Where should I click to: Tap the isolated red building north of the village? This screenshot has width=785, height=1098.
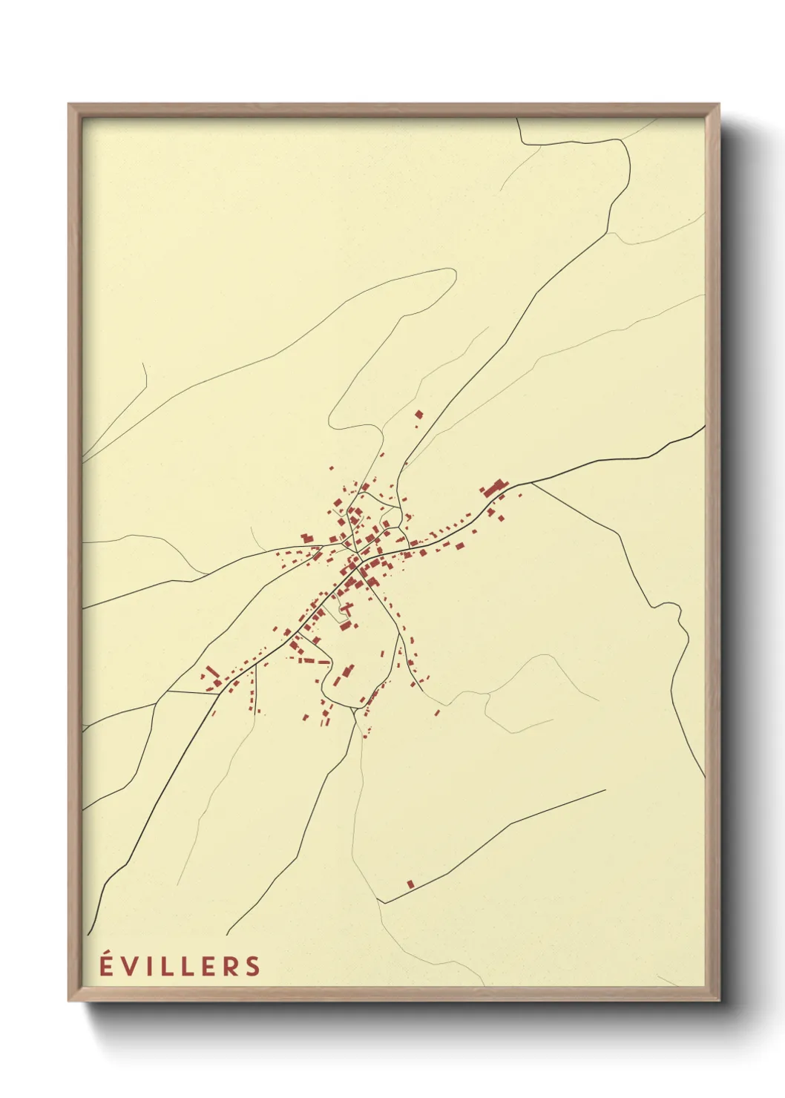(x=419, y=414)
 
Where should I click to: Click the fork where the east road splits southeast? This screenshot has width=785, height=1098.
(x=531, y=483)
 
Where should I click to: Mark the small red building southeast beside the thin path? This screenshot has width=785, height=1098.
(x=437, y=713)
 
